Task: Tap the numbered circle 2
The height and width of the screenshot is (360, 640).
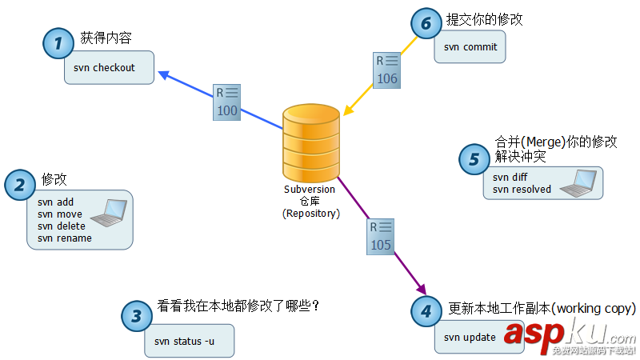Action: click(x=20, y=185)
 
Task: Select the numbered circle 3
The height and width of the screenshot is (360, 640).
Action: click(x=136, y=315)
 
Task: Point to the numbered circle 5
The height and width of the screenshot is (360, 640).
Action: click(x=474, y=158)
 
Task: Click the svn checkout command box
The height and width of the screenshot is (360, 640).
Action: click(x=110, y=68)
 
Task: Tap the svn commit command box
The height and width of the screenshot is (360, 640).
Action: click(x=470, y=47)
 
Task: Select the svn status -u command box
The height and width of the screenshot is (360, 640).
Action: click(x=190, y=341)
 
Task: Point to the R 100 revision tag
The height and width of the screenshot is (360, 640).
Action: click(x=227, y=102)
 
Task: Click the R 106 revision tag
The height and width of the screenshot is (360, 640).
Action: click(x=387, y=70)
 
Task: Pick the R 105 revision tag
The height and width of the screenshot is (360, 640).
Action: click(x=381, y=237)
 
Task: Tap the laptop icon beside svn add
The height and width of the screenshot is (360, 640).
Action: click(x=110, y=213)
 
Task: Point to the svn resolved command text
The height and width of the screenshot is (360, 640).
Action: click(x=522, y=190)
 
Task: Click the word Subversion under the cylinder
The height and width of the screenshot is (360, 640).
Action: click(x=310, y=190)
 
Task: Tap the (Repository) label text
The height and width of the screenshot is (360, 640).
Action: click(x=310, y=214)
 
